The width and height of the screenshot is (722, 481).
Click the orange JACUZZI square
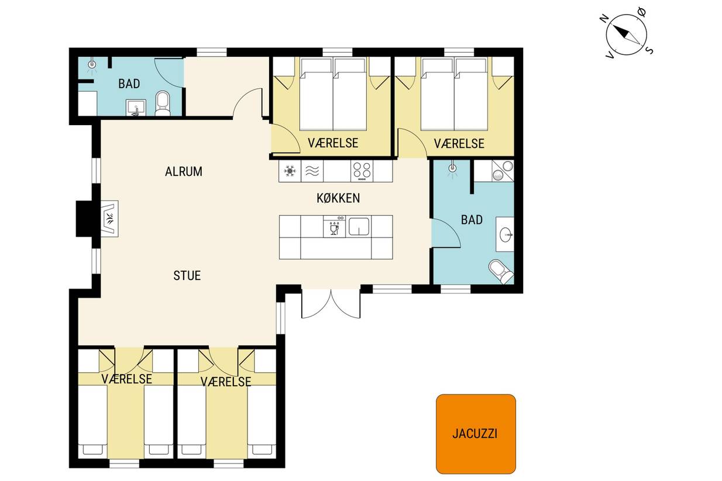476,434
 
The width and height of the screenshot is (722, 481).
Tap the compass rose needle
626,34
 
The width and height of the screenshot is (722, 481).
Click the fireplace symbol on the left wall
109,219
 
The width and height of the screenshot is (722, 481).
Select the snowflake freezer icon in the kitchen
290,171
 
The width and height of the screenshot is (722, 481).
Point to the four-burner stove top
362,171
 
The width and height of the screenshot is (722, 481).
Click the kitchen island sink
359,227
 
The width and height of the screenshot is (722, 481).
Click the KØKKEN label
338,198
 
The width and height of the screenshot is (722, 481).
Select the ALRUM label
184,172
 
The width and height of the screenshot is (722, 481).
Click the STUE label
187,276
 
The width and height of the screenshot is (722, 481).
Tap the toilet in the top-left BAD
163,103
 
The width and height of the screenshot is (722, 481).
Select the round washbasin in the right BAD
506,235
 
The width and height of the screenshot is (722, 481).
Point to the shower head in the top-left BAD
92,65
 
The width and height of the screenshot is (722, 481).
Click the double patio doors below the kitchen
331,303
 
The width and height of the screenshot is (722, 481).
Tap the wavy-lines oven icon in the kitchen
312,171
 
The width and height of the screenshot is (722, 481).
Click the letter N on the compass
604,19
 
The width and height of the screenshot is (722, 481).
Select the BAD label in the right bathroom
472,220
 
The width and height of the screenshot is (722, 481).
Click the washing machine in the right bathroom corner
503,171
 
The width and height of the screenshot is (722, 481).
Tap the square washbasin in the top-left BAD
136,107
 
